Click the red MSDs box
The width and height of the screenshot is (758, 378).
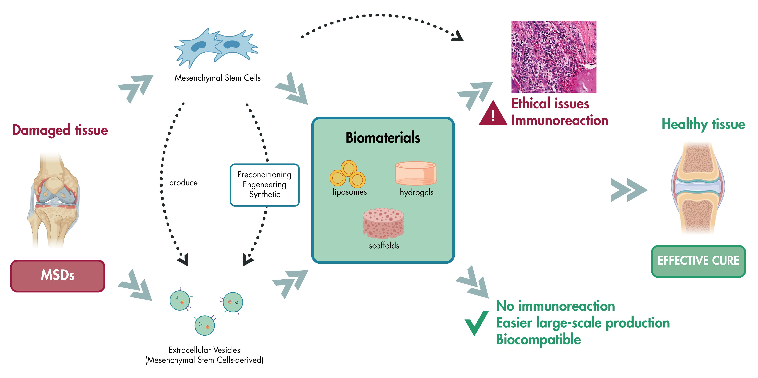tap(58, 276)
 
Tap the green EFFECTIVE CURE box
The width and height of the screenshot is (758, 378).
tap(698, 261)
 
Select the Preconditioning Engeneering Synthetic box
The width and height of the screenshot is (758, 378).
tap(265, 185)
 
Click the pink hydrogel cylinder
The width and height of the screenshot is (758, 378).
tap(416, 173)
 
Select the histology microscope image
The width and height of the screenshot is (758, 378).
tap(554, 57)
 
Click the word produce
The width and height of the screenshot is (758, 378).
tap(183, 183)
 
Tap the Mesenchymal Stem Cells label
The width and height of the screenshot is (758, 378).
tap(218, 78)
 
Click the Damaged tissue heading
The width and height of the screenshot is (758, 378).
tap(60, 130)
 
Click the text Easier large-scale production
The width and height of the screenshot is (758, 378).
tap(583, 323)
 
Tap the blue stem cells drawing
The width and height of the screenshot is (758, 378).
tap(216, 48)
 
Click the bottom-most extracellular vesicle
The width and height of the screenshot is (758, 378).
tap(205, 325)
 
